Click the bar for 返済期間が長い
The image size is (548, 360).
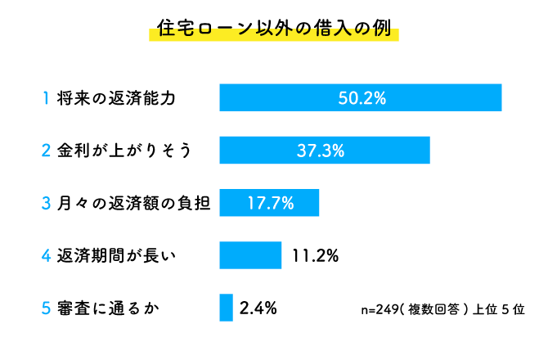tap(250, 255)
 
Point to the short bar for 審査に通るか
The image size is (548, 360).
tap(227, 308)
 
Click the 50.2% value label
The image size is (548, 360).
tap(362, 97)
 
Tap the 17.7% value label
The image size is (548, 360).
tap(270, 202)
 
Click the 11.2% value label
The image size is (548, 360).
tap(315, 255)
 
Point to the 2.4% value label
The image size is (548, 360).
tap(258, 308)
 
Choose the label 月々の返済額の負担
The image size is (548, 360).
tap(134, 203)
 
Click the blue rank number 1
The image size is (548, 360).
tap(47, 98)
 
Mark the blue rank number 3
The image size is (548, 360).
tap(47, 203)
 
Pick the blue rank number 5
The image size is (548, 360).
tap(47, 308)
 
